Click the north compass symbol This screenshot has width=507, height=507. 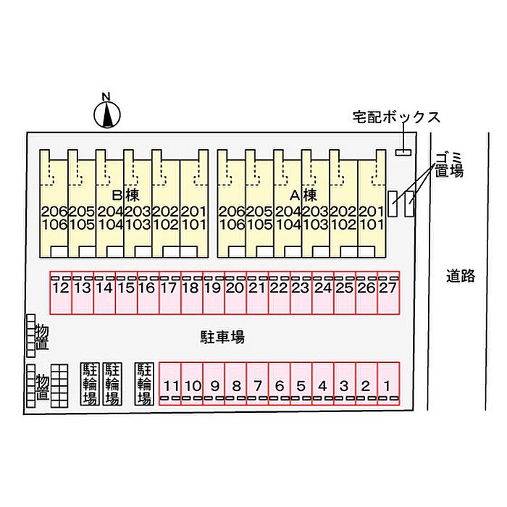point(107,112)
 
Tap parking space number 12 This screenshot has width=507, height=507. point(60,293)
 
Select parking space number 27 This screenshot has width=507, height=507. point(388,293)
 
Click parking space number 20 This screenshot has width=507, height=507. point(235,293)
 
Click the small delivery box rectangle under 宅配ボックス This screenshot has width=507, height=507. point(403,151)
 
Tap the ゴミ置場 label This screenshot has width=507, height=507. point(449,164)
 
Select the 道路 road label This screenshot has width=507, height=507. point(461,276)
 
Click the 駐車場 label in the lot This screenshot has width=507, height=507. point(222,337)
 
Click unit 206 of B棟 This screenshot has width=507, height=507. point(54,211)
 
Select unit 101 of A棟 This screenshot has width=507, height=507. point(371,224)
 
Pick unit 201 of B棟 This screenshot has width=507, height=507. point(193,211)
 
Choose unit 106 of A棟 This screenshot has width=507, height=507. point(232,224)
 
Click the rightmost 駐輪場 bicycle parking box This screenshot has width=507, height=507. point(144,383)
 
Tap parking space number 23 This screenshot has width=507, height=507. point(301,293)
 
